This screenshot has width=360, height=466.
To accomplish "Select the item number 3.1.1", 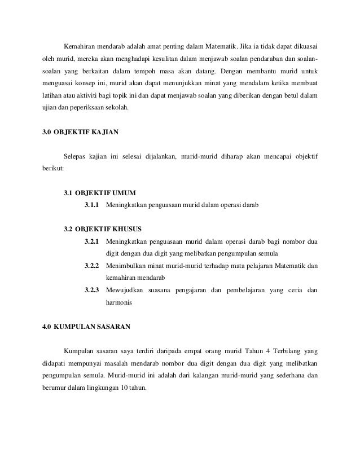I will point(92,205).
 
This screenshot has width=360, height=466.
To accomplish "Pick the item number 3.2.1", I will point(92,242).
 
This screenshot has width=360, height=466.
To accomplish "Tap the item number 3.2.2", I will point(92,266).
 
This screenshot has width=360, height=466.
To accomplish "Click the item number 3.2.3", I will point(92,290).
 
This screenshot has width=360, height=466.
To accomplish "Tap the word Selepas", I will point(76,156).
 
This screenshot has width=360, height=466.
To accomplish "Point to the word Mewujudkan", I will point(125,290).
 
